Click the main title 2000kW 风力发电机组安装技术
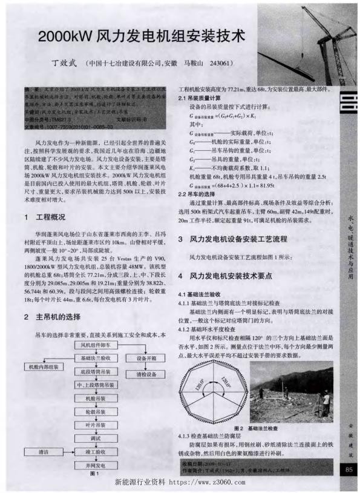click(x=142, y=35)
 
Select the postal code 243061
click(x=221, y=63)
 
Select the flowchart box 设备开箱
click(x=146, y=358)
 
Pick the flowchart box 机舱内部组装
click(x=42, y=368)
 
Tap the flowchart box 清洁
click(x=43, y=452)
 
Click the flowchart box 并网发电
click(x=95, y=466)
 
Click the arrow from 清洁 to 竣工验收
click(x=68, y=452)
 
